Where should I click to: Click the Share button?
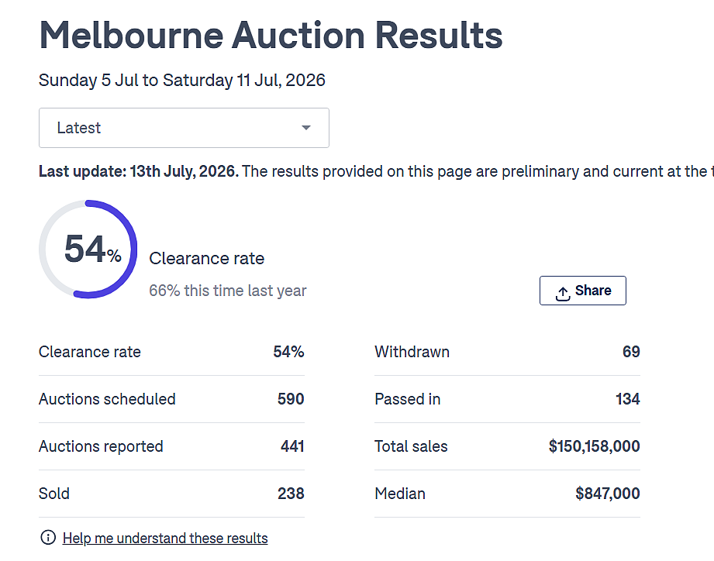pos(582,291)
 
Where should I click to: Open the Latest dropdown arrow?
pos(306,128)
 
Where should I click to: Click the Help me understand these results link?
pos(165,538)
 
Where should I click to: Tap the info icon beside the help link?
pos(48,537)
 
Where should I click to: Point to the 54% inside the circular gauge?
pos(93,249)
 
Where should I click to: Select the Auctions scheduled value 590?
pos(291,399)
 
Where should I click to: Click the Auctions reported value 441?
pos(292,446)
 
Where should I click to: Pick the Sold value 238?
pos(291,494)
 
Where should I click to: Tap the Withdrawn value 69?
pos(631,352)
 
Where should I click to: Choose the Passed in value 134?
pos(627,399)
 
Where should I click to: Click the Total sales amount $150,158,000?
pos(595,446)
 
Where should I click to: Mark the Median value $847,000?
pos(608,494)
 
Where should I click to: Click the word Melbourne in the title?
pos(132,35)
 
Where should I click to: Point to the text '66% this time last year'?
pos(228,291)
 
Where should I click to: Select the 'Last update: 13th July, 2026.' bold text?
pos(139,171)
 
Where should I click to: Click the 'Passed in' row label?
pos(408,399)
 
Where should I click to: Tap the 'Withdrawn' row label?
pos(412,352)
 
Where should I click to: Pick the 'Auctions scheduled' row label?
pos(107,399)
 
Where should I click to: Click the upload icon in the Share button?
pos(563,294)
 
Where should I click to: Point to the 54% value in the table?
pos(288,352)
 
